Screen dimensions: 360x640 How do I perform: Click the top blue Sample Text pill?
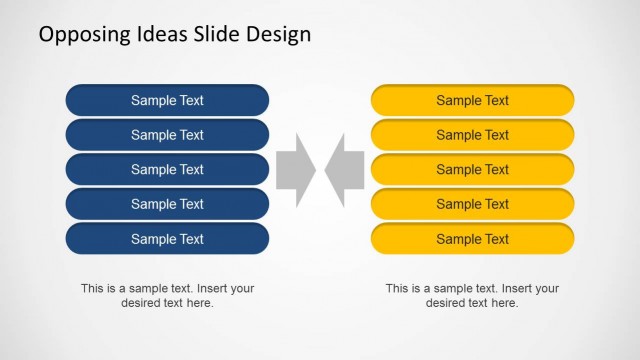167,100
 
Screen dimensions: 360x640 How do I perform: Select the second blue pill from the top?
167,135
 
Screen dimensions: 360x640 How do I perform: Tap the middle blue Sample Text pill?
167,169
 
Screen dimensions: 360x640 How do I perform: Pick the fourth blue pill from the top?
167,204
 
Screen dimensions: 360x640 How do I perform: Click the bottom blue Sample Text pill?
167,239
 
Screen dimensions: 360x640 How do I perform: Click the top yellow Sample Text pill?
472,100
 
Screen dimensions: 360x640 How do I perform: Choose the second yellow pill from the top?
472,135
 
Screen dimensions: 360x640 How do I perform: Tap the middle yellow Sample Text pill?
472,169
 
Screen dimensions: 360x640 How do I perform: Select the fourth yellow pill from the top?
472,204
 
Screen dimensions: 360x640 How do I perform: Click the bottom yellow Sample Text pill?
472,239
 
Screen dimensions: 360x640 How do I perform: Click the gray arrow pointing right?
295,170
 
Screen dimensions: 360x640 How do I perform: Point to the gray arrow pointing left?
345,170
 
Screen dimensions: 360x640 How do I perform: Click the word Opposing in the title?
82,35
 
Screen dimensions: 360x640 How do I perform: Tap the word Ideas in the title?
157,34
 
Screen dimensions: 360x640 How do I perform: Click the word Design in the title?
279,35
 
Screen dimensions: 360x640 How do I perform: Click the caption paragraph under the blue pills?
167,295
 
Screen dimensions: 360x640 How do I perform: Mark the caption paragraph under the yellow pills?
472,295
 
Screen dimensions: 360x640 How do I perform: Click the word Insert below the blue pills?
209,288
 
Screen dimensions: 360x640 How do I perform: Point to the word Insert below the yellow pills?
514,288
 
